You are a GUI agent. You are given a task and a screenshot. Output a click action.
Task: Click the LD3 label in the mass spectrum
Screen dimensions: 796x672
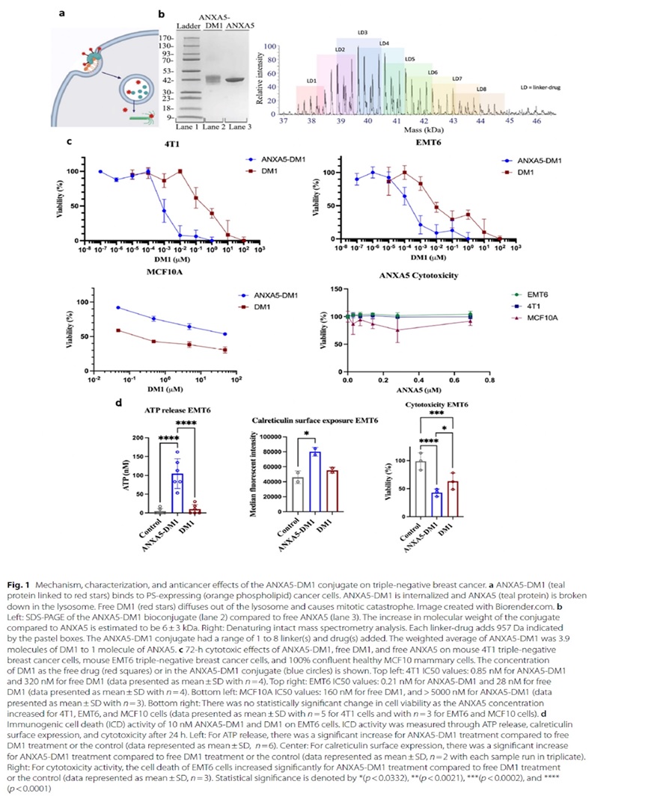point(362,33)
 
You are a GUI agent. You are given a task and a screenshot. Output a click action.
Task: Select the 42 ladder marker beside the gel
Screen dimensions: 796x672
point(169,81)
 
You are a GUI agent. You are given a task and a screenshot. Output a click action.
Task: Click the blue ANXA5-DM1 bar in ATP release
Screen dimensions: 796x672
point(177,493)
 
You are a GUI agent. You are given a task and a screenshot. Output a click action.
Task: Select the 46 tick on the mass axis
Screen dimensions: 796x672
point(537,120)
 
